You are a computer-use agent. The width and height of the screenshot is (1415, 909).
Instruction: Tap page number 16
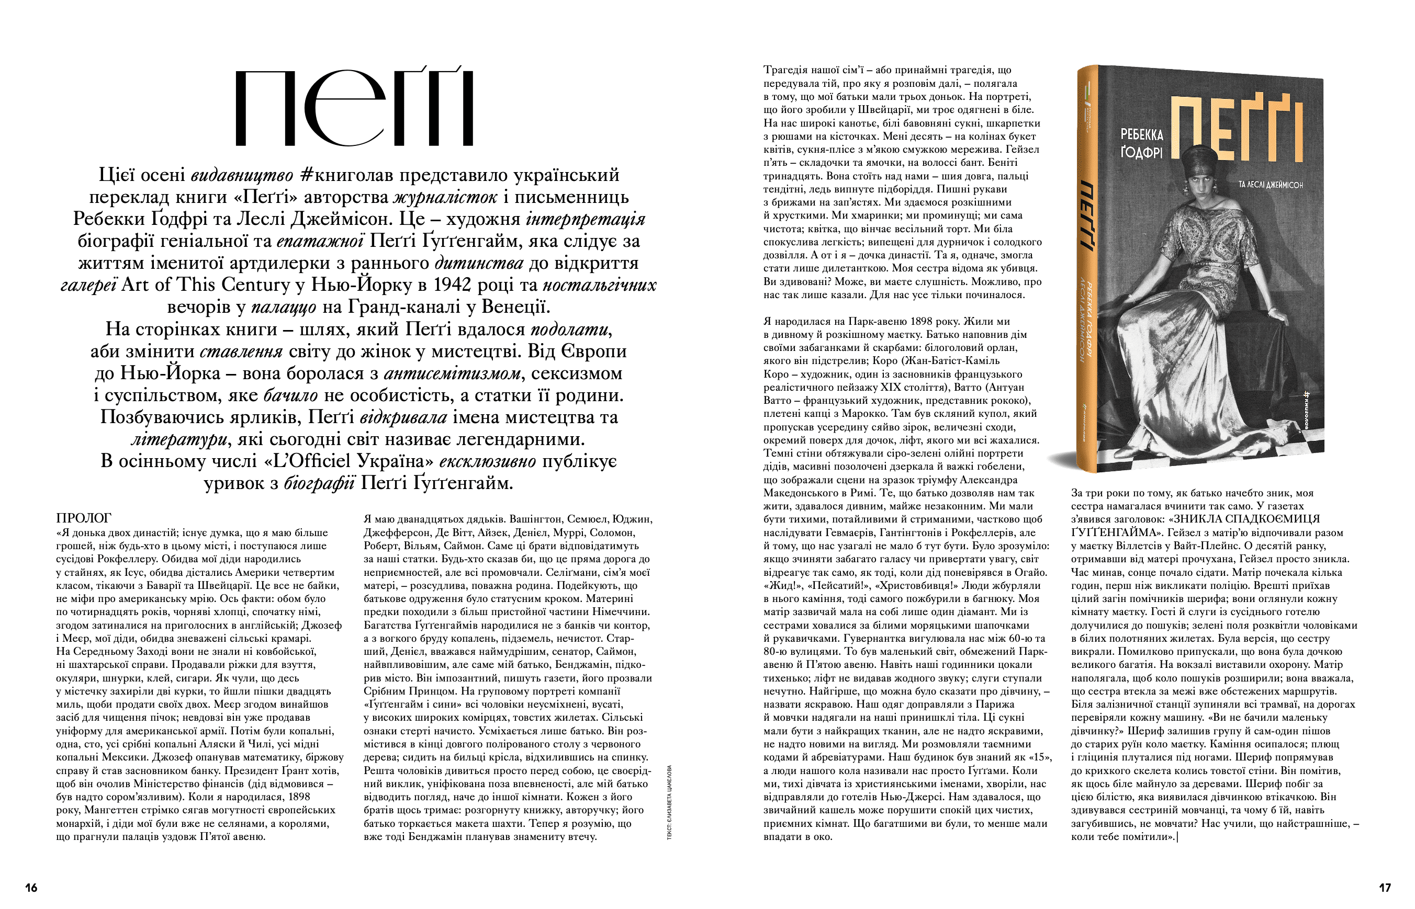point(31,887)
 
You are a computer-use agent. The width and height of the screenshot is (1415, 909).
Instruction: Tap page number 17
point(1384,887)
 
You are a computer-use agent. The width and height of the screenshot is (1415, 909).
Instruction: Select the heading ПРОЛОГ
point(83,518)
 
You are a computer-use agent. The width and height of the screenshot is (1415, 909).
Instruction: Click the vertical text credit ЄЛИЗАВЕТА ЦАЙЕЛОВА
point(669,803)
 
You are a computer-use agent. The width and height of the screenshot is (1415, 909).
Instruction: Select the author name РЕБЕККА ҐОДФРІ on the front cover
point(1141,143)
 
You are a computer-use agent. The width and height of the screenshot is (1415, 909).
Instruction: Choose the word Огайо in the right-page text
point(1030,572)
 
